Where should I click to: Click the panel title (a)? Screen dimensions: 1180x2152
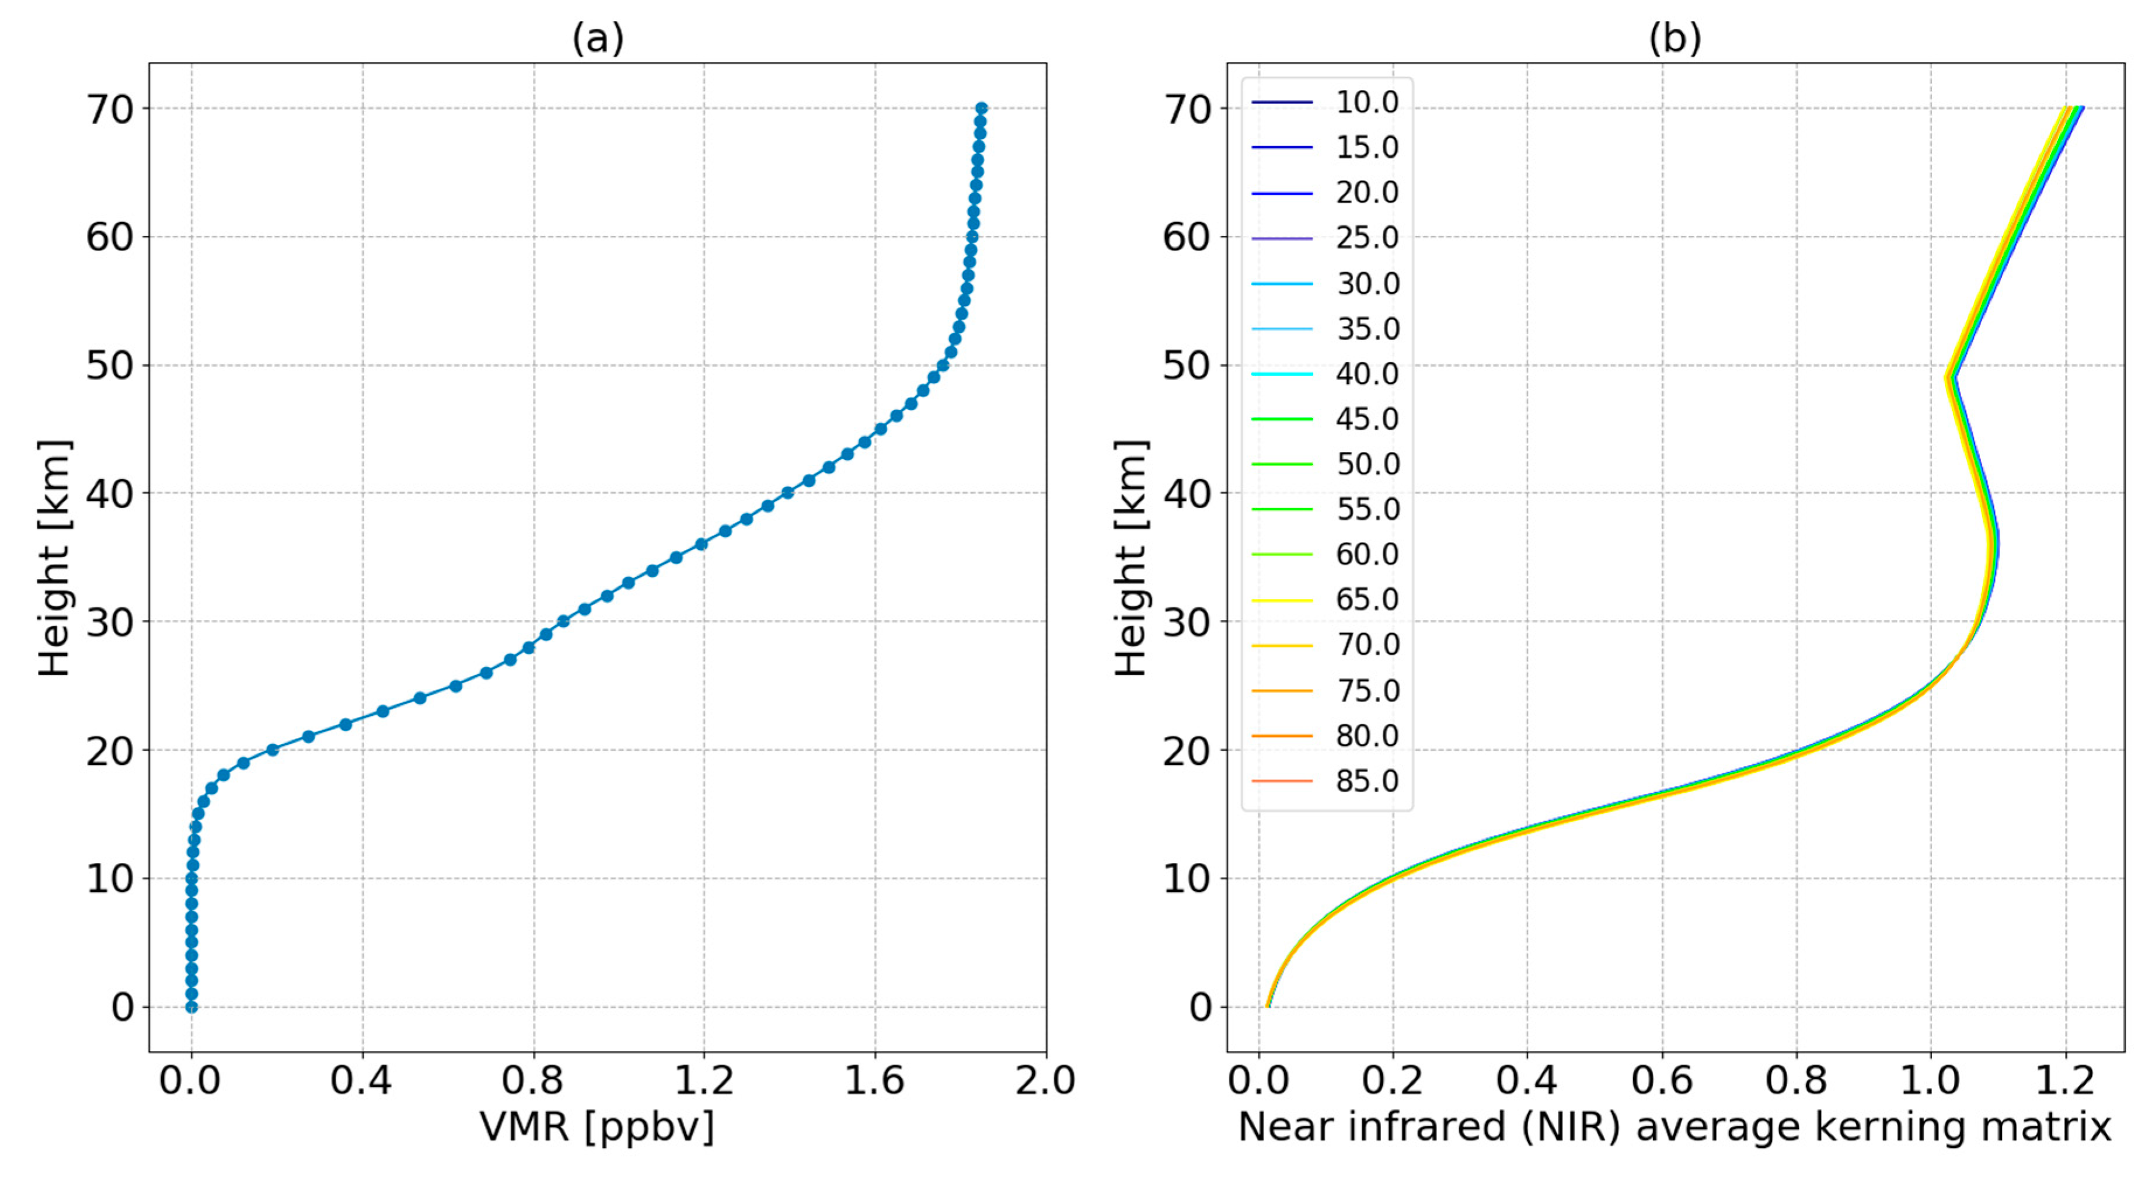point(597,39)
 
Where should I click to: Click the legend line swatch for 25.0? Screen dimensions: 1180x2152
point(1282,239)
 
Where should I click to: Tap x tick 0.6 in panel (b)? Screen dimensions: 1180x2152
point(1662,1081)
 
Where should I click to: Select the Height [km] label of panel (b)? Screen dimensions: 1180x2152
point(1132,558)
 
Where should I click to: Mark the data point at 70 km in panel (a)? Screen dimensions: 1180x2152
point(982,109)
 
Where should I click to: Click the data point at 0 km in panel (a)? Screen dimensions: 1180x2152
point(191,1007)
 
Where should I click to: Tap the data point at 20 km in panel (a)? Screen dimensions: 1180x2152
point(273,750)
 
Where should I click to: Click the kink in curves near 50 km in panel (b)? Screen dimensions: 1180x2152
point(1951,377)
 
